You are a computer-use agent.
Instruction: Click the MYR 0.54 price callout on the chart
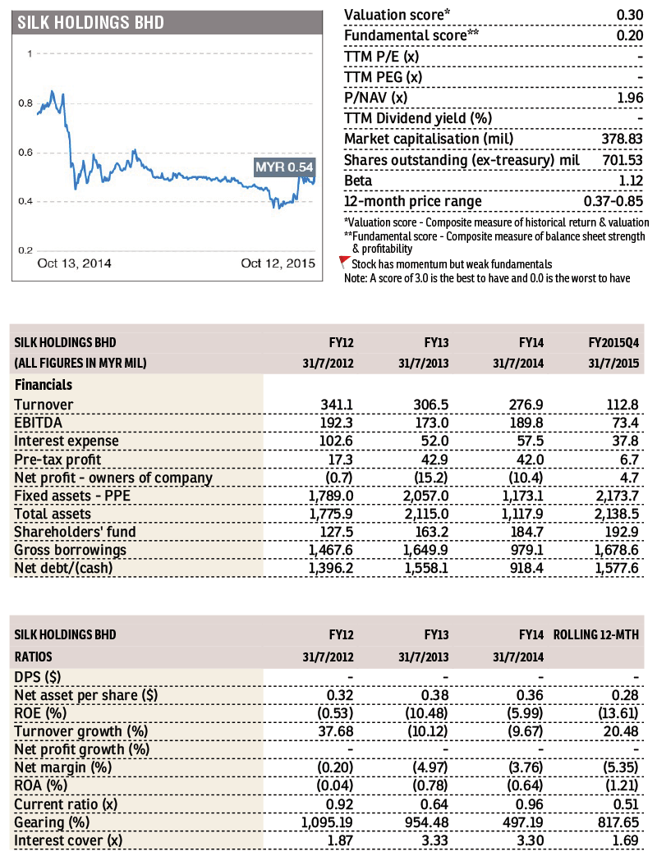point(284,167)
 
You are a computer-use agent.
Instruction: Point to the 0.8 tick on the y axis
point(25,103)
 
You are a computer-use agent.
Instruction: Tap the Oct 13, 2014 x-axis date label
point(74,263)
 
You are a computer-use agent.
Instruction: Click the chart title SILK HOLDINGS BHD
point(90,23)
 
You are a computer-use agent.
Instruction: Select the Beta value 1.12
point(631,181)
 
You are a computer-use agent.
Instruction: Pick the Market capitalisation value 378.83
point(622,139)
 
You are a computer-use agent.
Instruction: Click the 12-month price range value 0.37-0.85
point(613,201)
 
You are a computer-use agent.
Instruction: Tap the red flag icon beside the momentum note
point(344,262)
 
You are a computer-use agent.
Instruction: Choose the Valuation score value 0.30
point(630,15)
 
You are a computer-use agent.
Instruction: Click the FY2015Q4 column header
point(613,342)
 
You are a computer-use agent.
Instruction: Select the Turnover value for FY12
point(336,405)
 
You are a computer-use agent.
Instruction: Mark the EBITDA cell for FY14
point(526,423)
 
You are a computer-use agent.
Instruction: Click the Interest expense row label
point(67,441)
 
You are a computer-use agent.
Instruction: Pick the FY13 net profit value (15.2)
point(431,478)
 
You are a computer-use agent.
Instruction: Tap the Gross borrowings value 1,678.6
point(617,550)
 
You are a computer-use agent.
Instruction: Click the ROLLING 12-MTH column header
point(596,635)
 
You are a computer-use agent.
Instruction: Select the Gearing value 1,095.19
point(327,822)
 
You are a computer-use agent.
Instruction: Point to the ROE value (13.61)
point(618,713)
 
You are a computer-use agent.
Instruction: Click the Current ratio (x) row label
point(67,804)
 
